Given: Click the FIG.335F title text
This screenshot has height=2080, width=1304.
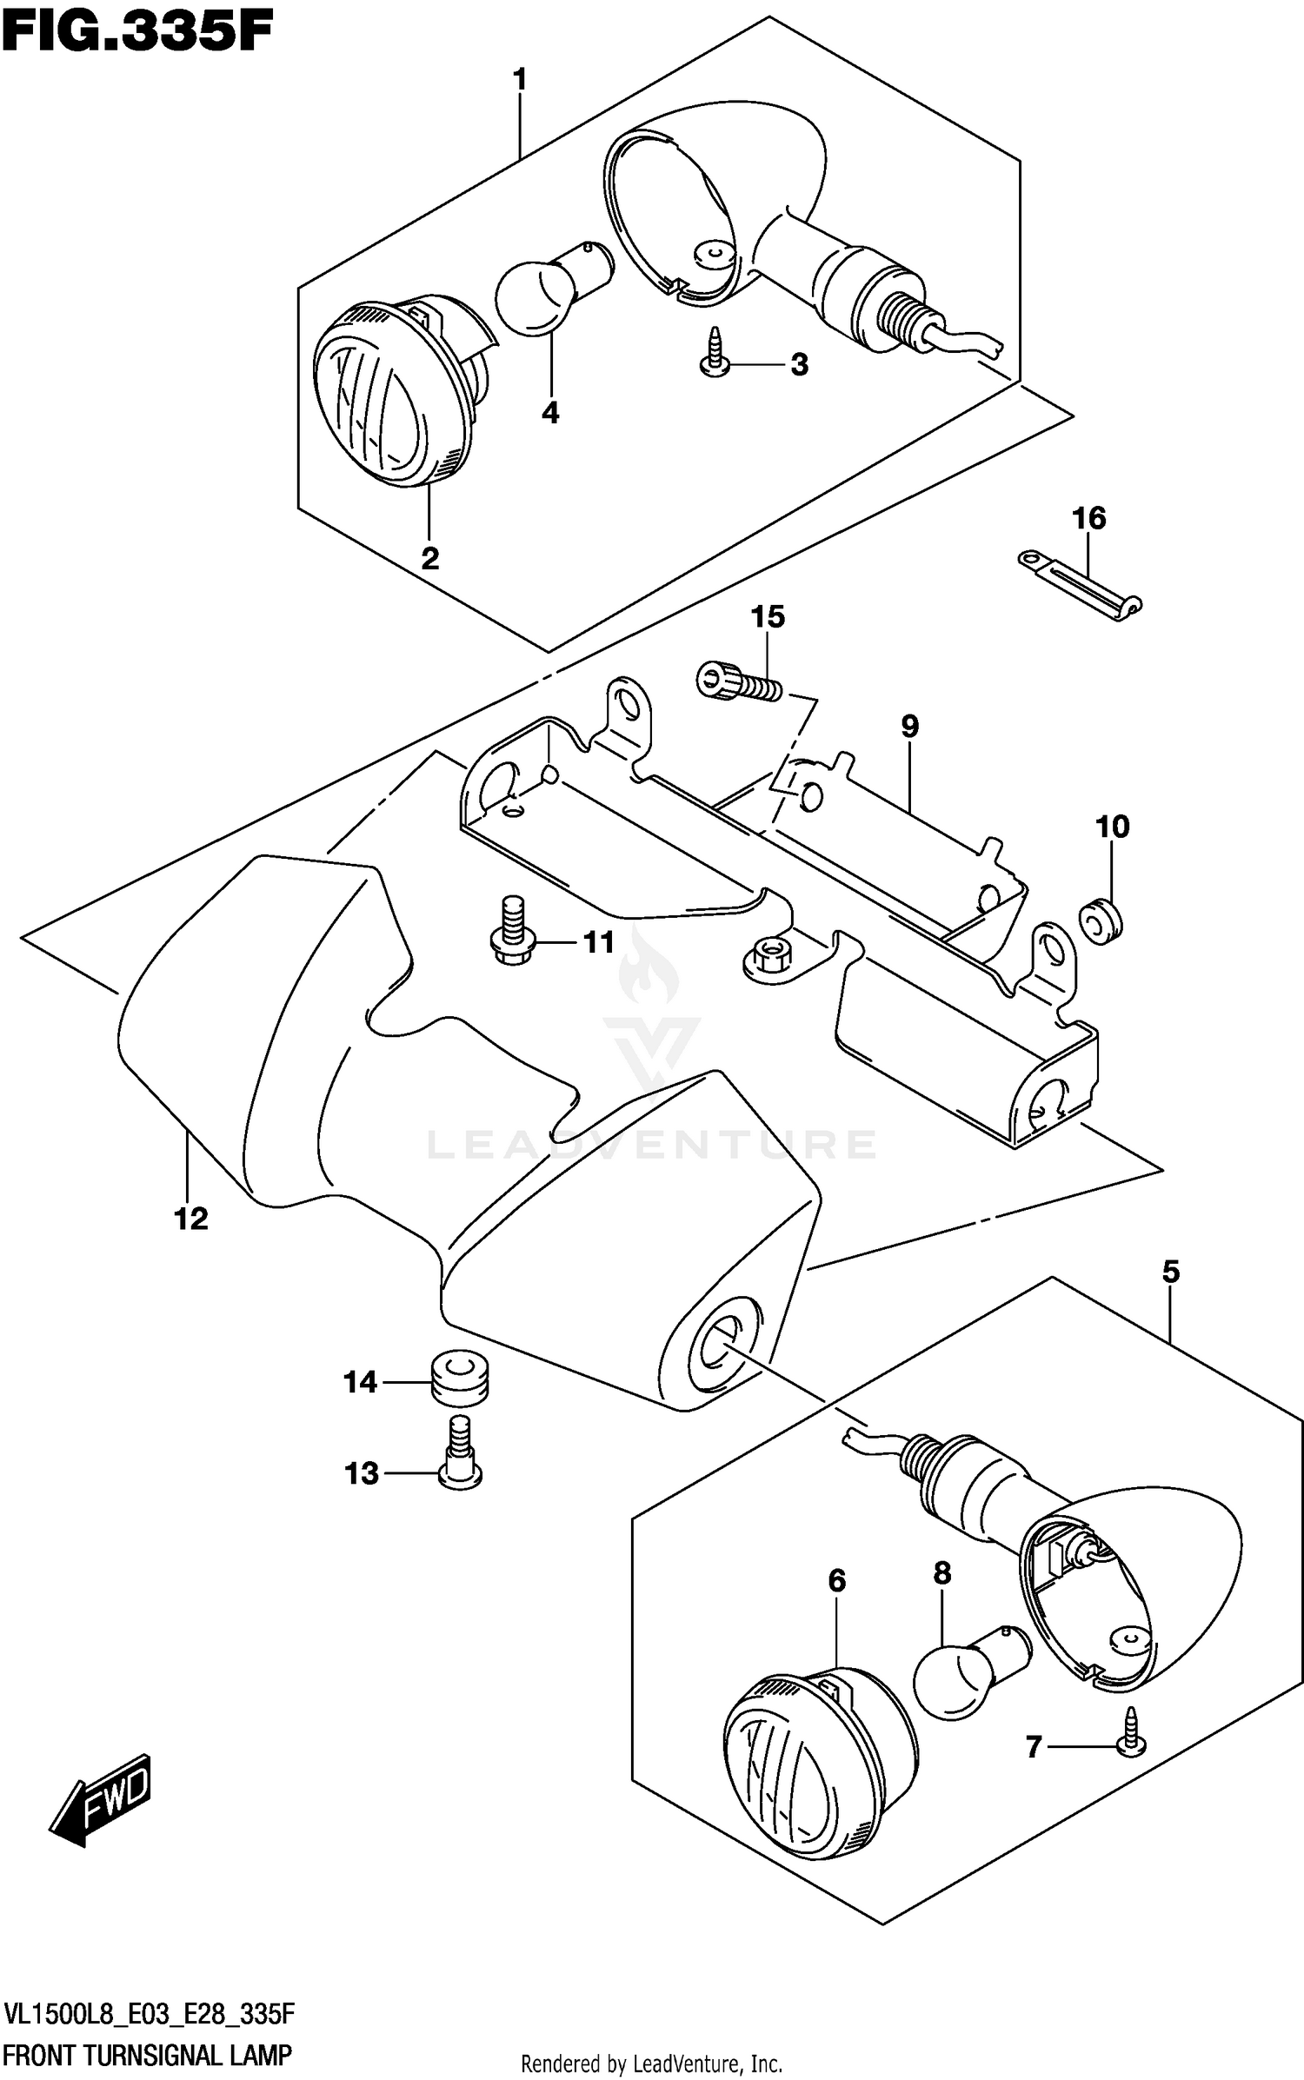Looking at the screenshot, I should pos(137,32).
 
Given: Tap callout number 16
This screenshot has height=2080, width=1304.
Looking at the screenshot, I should pos(1088,519).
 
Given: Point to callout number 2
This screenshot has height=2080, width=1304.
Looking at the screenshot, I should pos(429,559).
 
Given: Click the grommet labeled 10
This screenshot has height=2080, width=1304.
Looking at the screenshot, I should pos(1101,920).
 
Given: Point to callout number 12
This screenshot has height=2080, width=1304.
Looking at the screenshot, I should pos(191,1219).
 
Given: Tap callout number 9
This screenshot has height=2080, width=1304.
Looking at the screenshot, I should pos(909,727).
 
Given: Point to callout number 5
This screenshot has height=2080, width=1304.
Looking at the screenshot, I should pos(1170,1273).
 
